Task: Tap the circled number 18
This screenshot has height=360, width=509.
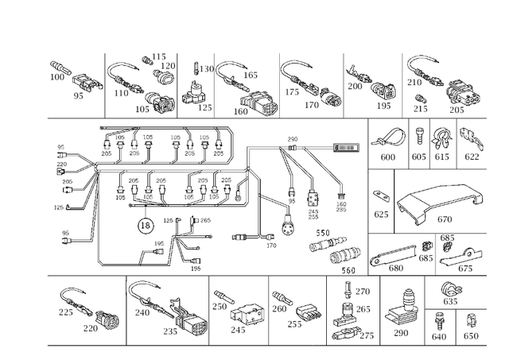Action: pos(146,226)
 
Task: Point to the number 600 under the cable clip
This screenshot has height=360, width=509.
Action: pos(387,158)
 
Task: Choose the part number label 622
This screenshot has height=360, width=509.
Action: pos(472,158)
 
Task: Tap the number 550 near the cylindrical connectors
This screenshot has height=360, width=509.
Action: pos(324,232)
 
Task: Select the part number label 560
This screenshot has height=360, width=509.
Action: pos(348,269)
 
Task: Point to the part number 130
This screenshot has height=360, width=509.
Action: pos(207,69)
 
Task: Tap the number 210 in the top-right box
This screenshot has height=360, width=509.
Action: pos(414,82)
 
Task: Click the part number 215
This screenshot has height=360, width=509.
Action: pos(422,108)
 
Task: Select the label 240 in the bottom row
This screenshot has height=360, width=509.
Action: pos(142,313)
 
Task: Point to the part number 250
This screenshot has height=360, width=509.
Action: pos(220,306)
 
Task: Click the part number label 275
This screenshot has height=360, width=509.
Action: pos(367,336)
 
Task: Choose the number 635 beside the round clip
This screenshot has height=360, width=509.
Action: pos(450,301)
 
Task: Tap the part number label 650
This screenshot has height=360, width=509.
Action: pos(471,336)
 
